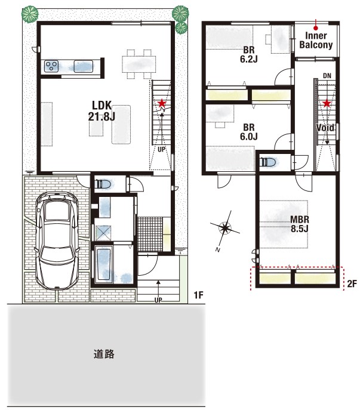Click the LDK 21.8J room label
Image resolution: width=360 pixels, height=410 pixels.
101,111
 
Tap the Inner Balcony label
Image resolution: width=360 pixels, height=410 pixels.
316,40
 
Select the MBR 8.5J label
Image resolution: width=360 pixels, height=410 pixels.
300,224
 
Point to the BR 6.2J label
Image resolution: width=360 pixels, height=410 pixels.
249,54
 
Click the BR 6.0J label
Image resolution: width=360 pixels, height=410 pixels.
249,132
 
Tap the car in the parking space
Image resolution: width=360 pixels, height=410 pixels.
57,241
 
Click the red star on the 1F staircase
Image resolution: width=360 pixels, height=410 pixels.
162,103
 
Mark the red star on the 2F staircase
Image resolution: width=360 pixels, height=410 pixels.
327,104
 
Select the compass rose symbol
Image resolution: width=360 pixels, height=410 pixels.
224,228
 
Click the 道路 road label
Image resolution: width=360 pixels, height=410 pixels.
104,354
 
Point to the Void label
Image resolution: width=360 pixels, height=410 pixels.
325,128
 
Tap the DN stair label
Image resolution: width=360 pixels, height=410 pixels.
327,76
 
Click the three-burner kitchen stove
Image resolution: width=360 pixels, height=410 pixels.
51,66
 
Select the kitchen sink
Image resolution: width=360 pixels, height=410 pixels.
84,66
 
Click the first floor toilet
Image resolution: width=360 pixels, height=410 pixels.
104,184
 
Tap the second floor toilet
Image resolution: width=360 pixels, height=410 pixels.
268,162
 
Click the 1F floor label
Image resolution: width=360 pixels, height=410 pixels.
198,295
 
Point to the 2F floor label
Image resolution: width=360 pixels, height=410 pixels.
352,283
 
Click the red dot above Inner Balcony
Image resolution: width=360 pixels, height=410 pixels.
316,27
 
